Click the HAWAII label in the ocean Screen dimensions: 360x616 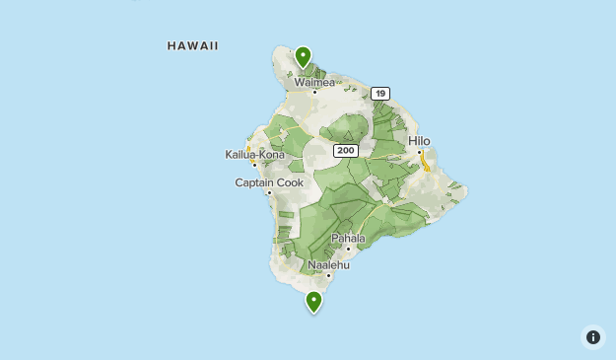[192, 46]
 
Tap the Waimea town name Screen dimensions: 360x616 [315, 83]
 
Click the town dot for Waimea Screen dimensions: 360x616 [315, 92]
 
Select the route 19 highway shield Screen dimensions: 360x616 [380, 94]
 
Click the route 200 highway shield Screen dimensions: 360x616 [345, 151]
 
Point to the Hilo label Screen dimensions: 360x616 [419, 141]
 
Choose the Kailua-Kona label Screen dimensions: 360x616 [254, 155]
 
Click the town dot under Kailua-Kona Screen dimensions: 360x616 [254, 165]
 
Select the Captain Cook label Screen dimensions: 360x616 [269, 182]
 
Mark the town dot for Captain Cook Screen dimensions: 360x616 [269, 192]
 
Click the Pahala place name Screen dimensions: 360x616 [347, 238]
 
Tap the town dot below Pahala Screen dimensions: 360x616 [348, 248]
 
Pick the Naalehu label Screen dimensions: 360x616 [328, 264]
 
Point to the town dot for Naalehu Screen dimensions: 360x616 [328, 274]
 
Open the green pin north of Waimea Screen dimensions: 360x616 [304, 56]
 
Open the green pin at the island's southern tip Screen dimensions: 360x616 [314, 301]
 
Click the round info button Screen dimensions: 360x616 [592, 337]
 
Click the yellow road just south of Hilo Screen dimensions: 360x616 [426, 164]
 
